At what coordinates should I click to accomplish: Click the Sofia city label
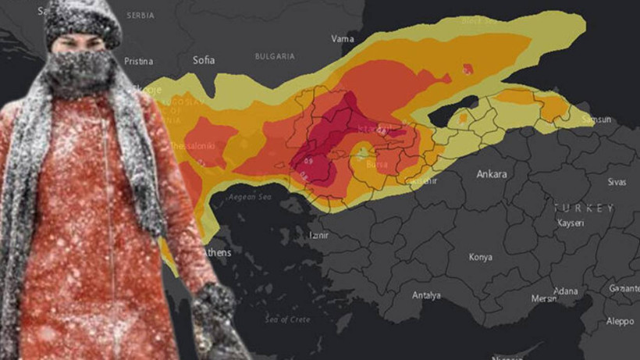pyautogui.click(x=204, y=59)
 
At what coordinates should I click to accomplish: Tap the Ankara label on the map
pyautogui.click(x=492, y=174)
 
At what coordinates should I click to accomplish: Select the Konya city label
pyautogui.click(x=480, y=257)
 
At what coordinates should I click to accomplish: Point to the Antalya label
pyautogui.click(x=426, y=295)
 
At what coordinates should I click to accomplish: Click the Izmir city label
pyautogui.click(x=319, y=233)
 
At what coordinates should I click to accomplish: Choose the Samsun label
pyautogui.click(x=596, y=119)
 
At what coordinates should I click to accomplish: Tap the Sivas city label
pyautogui.click(x=617, y=181)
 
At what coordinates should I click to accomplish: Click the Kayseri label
pyautogui.click(x=571, y=223)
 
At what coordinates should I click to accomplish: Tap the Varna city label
pyautogui.click(x=342, y=37)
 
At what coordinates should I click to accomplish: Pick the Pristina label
pyautogui.click(x=138, y=61)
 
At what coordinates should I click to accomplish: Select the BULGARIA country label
pyautogui.click(x=275, y=56)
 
